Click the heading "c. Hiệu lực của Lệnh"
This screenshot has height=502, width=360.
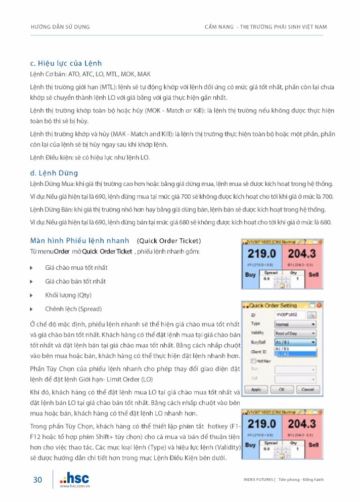point(66,63)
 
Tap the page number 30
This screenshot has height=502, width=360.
point(38,480)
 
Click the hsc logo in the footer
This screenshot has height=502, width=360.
point(74,477)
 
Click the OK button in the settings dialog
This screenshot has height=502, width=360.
point(282,390)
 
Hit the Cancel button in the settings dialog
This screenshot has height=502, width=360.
point(307,390)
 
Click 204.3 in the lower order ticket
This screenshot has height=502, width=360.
point(302,424)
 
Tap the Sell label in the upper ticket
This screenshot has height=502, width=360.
point(313,275)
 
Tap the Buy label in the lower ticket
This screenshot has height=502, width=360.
point(250,445)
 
